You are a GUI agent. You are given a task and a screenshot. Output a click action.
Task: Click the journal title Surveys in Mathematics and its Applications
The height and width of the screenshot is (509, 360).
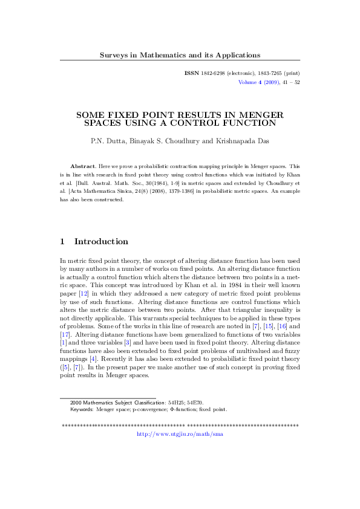pyautogui.click(x=180, y=55)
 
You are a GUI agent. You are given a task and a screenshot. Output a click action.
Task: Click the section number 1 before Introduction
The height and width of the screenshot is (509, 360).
pyautogui.click(x=62, y=241)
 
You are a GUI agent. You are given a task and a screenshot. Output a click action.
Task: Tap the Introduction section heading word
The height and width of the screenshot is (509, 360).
pyautogui.click(x=101, y=241)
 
